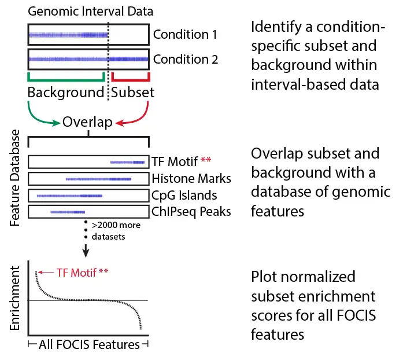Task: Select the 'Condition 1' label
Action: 185,35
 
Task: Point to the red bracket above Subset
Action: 131,78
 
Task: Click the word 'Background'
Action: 66,93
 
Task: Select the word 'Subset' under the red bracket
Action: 133,93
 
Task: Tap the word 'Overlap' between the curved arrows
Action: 87,123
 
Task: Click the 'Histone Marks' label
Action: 191,178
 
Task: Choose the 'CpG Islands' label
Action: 184,195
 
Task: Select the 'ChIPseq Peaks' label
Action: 191,212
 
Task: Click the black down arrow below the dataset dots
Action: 86,250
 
